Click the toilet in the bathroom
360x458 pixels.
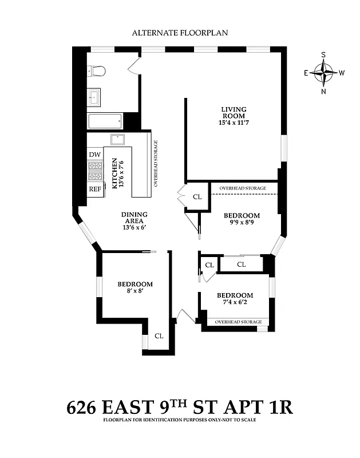pyautogui.click(x=97, y=71)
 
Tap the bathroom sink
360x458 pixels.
pyautogui.click(x=94, y=98)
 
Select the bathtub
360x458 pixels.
pyautogui.click(x=105, y=121)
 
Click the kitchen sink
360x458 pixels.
pyautogui.click(x=117, y=139)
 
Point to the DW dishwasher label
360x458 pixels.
pyautogui.click(x=94, y=155)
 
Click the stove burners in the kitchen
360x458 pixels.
pyautogui.click(x=94, y=172)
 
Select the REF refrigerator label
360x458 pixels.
pyautogui.click(x=94, y=189)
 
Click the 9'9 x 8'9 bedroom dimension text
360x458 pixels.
pyautogui.click(x=241, y=224)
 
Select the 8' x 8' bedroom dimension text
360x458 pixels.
pyautogui.click(x=135, y=291)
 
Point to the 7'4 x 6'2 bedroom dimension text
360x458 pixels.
pyautogui.click(x=235, y=303)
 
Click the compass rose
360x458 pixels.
pyautogui.click(x=324, y=73)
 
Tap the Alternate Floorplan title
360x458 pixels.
pyautogui.click(x=180, y=33)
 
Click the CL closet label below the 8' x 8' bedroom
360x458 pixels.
pyautogui.click(x=159, y=336)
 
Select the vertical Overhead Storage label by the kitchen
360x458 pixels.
pyautogui.click(x=156, y=164)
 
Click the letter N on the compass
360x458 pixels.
pyautogui.click(x=324, y=92)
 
